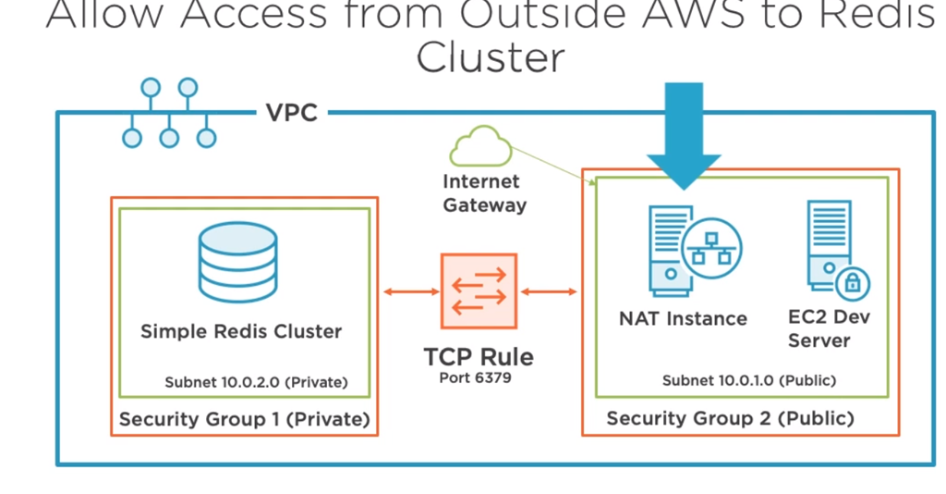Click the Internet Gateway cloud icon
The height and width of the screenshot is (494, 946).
pyautogui.click(x=480, y=146)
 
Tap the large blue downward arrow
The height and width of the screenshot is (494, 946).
pyautogui.click(x=684, y=136)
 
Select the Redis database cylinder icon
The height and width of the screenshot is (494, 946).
pyautogui.click(x=238, y=262)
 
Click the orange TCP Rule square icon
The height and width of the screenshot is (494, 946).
pyautogui.click(x=479, y=291)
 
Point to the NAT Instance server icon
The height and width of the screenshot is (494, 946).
pyautogui.click(x=695, y=251)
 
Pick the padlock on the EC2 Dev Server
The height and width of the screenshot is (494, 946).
pyautogui.click(x=853, y=282)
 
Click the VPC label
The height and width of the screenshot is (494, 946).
pyautogui.click(x=292, y=113)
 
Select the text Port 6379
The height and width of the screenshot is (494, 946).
pyautogui.click(x=476, y=378)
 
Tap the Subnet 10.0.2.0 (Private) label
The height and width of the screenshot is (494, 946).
pyautogui.click(x=257, y=382)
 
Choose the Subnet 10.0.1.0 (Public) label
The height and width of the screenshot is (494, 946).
pyautogui.click(x=749, y=380)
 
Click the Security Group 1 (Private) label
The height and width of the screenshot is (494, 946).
pyautogui.click(x=244, y=419)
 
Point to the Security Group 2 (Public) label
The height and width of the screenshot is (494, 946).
pyautogui.click(x=730, y=418)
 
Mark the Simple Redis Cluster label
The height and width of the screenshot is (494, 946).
pyautogui.click(x=241, y=331)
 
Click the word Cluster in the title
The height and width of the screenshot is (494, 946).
pyautogui.click(x=491, y=58)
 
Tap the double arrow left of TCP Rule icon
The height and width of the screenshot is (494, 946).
pyautogui.click(x=411, y=292)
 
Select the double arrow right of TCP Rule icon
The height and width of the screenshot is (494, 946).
pyautogui.click(x=549, y=292)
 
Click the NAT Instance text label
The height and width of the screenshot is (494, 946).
pyautogui.click(x=683, y=318)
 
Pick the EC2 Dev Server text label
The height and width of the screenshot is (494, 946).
pyautogui.click(x=829, y=328)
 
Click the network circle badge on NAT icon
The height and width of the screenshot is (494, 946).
pyautogui.click(x=712, y=248)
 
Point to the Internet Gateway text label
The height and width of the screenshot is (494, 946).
pyautogui.click(x=484, y=193)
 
